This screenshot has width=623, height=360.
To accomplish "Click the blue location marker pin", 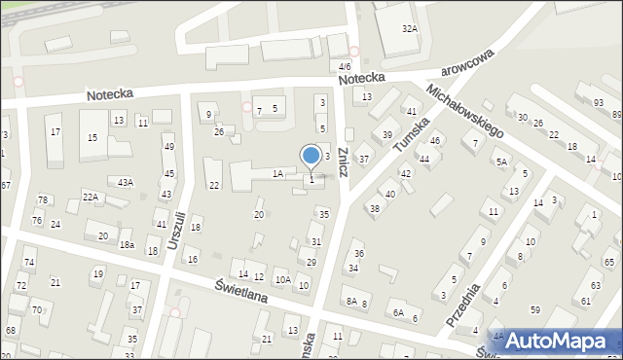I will pyautogui.click(x=311, y=156).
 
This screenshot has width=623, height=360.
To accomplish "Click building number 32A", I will pyautogui.click(x=410, y=29).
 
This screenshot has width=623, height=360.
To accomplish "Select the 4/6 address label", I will pyautogui.click(x=344, y=66).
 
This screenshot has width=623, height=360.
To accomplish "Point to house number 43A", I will pyautogui.click(x=125, y=182).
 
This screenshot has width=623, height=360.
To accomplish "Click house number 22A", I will pyautogui.click(x=90, y=197).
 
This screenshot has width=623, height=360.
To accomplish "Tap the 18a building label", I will pyautogui.click(x=127, y=245).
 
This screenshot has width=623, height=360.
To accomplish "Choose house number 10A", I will pyautogui.click(x=282, y=279).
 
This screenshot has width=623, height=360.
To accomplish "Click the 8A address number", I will pyautogui.click(x=350, y=302).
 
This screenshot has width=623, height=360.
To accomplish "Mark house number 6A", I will pyautogui.click(x=397, y=312).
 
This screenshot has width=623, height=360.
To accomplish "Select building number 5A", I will pyautogui.click(x=501, y=162).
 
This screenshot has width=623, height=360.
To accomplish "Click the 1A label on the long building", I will pyautogui.click(x=277, y=173).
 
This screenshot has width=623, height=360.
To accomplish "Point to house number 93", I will pyautogui.click(x=598, y=102).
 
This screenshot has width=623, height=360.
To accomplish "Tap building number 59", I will pyautogui.click(x=534, y=309).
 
